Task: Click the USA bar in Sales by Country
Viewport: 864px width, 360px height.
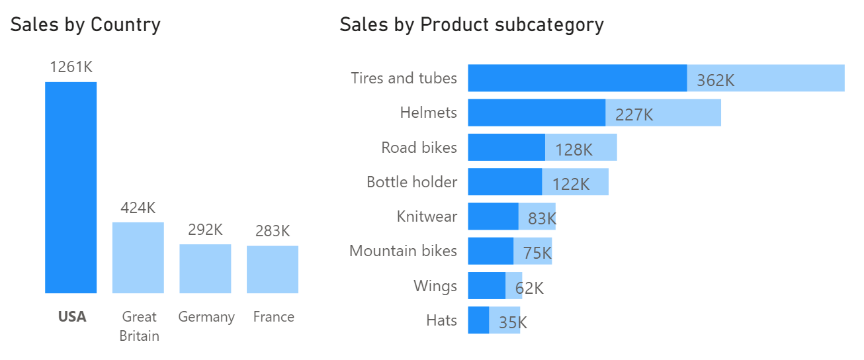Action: [x=71, y=187]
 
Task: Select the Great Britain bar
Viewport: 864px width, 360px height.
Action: [x=138, y=257]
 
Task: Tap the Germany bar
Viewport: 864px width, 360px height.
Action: [x=205, y=269]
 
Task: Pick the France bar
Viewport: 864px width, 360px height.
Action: [x=273, y=269]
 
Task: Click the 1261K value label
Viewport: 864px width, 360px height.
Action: [x=70, y=67]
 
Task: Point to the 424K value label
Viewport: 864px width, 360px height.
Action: [x=138, y=208]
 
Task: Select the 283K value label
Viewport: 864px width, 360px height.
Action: [x=273, y=232]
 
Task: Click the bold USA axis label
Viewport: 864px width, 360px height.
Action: [x=72, y=317]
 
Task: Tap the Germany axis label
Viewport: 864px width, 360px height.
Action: [x=206, y=317]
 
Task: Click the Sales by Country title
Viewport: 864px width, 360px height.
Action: [x=85, y=25]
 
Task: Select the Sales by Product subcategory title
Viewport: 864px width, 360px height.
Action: [x=472, y=25]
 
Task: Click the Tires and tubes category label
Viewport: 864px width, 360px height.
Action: [x=404, y=78]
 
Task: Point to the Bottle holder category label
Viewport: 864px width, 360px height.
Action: [x=411, y=181]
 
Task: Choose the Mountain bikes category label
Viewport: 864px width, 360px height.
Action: [x=403, y=251]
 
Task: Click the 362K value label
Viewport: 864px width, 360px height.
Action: [x=716, y=81]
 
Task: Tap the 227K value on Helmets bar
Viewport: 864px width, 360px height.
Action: [x=634, y=115]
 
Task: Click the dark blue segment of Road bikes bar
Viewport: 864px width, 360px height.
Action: [x=506, y=147]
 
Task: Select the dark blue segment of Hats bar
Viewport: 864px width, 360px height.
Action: [x=478, y=320]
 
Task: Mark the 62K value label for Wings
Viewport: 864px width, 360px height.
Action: [x=529, y=288]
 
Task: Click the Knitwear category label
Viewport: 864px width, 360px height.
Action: [x=427, y=216]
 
